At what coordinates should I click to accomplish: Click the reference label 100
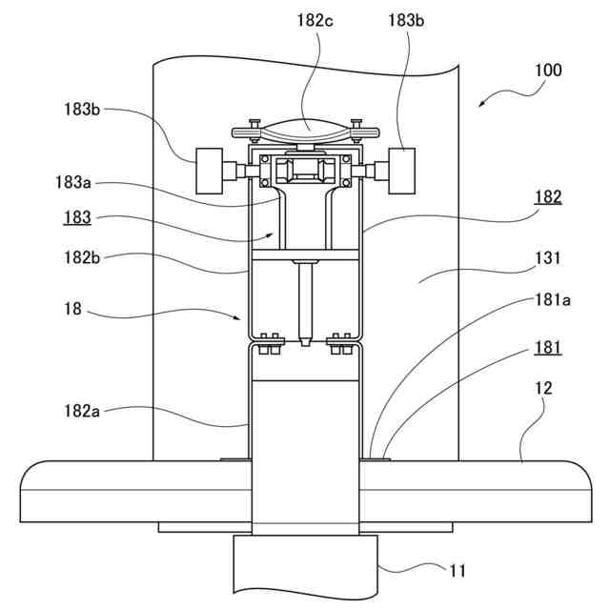click(x=548, y=71)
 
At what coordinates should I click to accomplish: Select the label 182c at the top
click(x=315, y=21)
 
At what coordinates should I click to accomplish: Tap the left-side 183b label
click(x=82, y=110)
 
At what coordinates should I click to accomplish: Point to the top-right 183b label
click(x=406, y=20)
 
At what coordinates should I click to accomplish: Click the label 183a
click(x=73, y=182)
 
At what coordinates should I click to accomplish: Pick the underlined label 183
click(x=77, y=217)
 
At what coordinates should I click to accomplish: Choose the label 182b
click(x=82, y=257)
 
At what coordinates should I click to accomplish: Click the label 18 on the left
click(x=72, y=309)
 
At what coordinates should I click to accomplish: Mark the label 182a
click(x=82, y=411)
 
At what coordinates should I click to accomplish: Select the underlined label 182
click(x=548, y=197)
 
